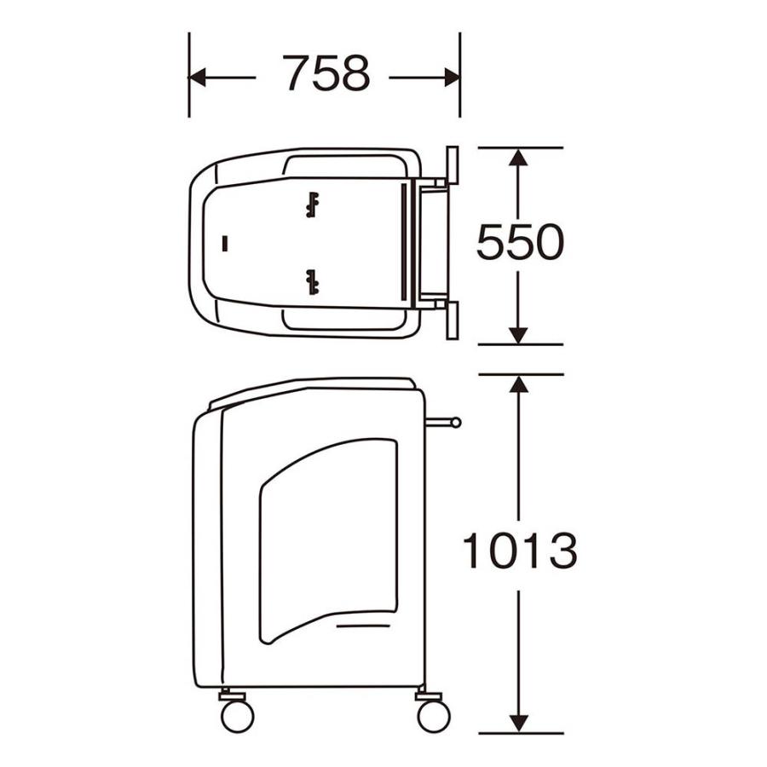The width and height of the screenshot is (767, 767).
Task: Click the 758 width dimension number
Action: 326,73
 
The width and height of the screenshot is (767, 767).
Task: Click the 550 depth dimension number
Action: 520,242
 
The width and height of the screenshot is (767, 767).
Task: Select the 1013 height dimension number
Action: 520,551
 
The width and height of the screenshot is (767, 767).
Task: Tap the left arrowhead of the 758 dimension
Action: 197,78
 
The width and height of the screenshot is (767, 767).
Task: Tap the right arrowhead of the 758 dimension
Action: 452,78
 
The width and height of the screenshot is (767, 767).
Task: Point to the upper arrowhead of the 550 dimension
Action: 518,157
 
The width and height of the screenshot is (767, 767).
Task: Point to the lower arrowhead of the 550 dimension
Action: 518,335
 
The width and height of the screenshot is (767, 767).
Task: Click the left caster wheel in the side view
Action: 237,716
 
